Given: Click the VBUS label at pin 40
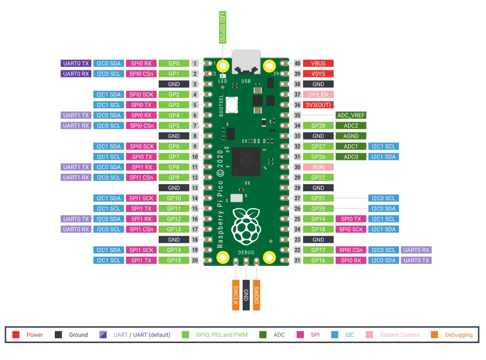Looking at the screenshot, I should click(318, 63).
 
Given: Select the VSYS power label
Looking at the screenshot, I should click(318, 74).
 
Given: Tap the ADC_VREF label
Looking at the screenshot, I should click(351, 115).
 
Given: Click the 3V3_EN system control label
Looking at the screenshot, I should click(318, 94).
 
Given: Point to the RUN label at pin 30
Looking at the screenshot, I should click(318, 167).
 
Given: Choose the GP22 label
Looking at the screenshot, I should click(318, 178).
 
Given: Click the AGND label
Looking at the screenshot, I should click(351, 136).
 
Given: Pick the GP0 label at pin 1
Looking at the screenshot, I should click(174, 63).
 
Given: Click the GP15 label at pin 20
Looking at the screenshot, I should click(174, 260).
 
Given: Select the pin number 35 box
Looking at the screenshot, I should click(298, 115).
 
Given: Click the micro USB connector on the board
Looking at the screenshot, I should click(246, 61).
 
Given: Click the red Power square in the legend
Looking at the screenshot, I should click(16, 335).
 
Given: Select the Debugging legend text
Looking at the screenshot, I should click(459, 335).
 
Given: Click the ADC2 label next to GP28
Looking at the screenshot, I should click(351, 126).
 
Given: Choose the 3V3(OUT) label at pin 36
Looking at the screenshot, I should click(318, 105).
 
